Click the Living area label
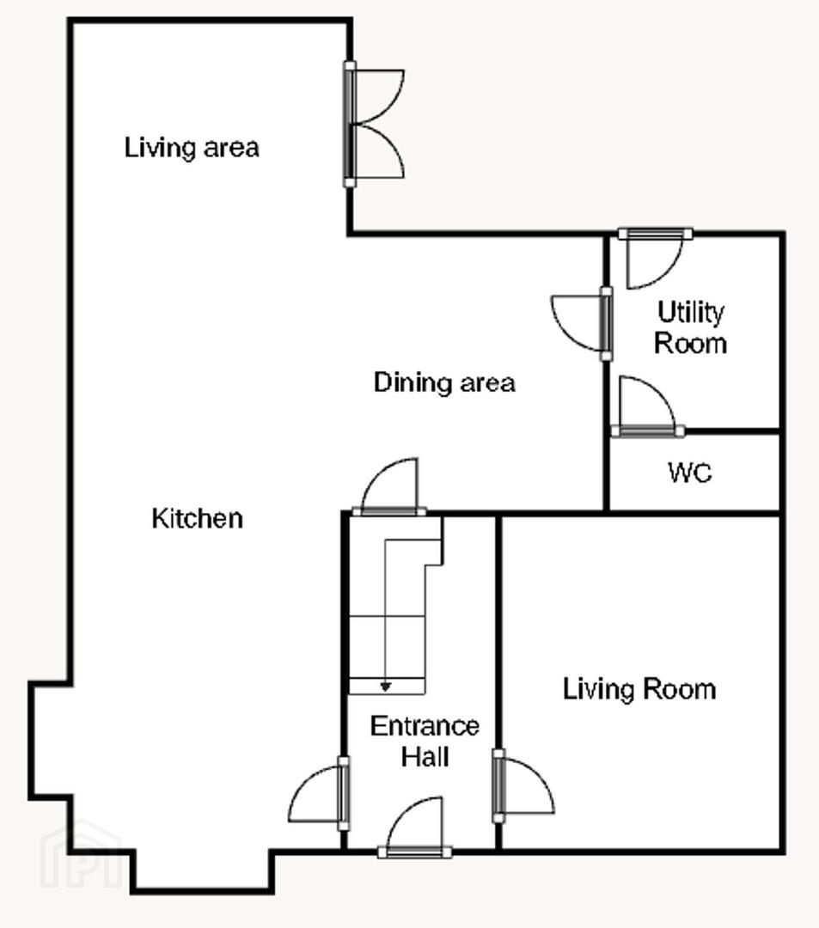(x=192, y=148)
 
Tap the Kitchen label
(x=197, y=518)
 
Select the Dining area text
(x=444, y=382)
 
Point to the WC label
(x=690, y=473)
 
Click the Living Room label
(x=639, y=689)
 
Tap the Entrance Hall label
(x=425, y=742)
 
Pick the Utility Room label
(x=691, y=327)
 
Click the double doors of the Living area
(x=373, y=125)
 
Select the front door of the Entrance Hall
(x=414, y=827)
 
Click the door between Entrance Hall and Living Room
(x=523, y=786)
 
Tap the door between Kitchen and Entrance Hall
(x=319, y=793)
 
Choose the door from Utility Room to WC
(x=647, y=406)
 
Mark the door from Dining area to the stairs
(x=388, y=486)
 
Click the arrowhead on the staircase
(x=386, y=687)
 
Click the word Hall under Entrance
(x=425, y=757)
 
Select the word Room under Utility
(x=691, y=344)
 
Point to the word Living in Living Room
(x=597, y=689)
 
